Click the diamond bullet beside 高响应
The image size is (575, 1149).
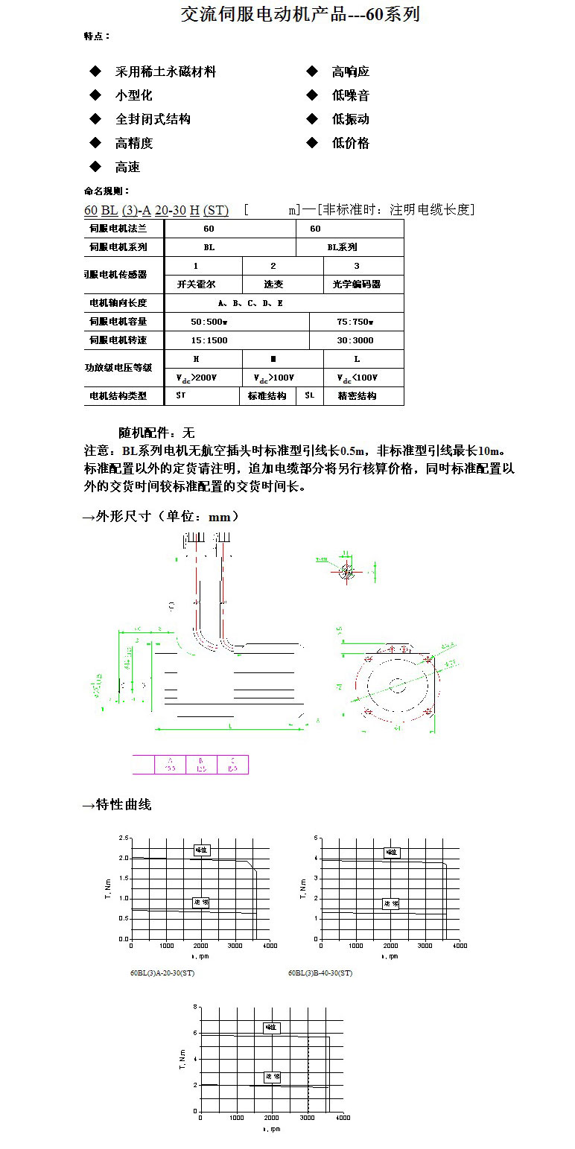[x=312, y=71]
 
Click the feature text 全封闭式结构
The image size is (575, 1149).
[x=153, y=119]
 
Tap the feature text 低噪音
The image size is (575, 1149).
[x=350, y=95]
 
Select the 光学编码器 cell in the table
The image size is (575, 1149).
[x=356, y=284]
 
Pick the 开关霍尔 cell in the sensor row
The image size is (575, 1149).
[x=196, y=284]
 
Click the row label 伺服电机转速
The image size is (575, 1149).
[x=118, y=340]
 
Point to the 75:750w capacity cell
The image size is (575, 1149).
[x=355, y=322]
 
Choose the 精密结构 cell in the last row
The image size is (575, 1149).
[x=357, y=396]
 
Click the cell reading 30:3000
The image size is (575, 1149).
[x=355, y=340]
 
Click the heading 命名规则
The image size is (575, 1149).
[x=107, y=191]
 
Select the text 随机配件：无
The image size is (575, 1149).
[x=156, y=433]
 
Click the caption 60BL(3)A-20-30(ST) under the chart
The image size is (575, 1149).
[x=162, y=973]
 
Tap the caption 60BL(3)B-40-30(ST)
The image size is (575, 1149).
[x=320, y=973]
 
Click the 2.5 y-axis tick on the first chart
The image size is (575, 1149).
[x=123, y=838]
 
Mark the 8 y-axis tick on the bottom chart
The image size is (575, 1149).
[x=195, y=1007]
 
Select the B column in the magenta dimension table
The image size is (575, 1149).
[x=201, y=764]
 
